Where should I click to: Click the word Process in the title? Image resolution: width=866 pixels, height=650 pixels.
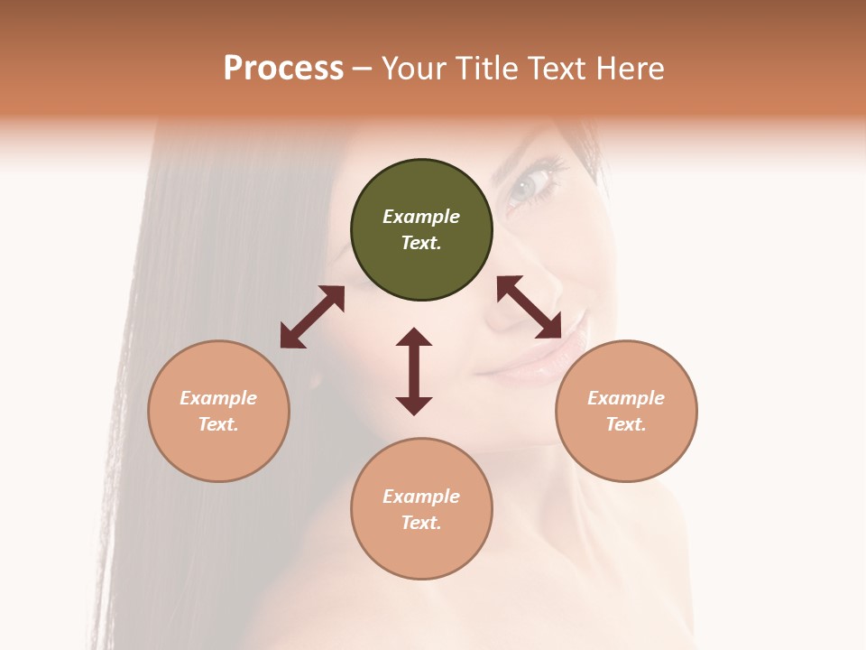click(x=283, y=69)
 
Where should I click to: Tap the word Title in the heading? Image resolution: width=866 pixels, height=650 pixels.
click(x=485, y=69)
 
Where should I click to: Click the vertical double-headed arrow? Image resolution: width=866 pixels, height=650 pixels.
click(x=414, y=371)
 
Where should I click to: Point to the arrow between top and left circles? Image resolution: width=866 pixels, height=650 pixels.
click(x=312, y=317)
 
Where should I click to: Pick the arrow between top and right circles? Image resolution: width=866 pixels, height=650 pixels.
click(x=530, y=307)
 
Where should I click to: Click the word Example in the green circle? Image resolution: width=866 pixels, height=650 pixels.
click(x=421, y=217)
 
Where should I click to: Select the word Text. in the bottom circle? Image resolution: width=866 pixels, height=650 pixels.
click(x=421, y=523)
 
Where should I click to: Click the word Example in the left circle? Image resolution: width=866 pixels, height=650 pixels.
click(x=218, y=398)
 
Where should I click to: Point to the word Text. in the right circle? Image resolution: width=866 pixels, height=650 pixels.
click(x=626, y=424)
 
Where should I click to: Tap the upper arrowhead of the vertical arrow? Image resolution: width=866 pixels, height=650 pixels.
click(x=414, y=337)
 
